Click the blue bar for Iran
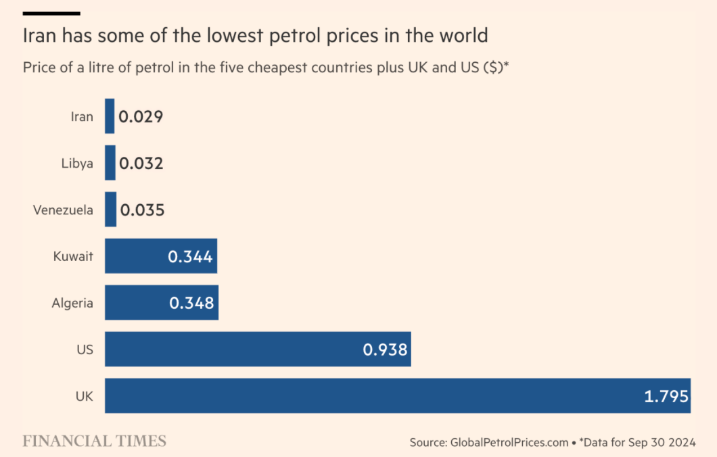pyautogui.click(x=110, y=116)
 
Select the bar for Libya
pyautogui.click(x=110, y=163)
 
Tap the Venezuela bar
pyautogui.click(x=110, y=210)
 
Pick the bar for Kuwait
pyautogui.click(x=135, y=256)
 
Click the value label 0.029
pyautogui.click(x=141, y=117)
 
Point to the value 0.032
pyautogui.click(x=141, y=164)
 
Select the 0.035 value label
pyautogui.click(x=142, y=210)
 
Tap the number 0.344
pyautogui.click(x=190, y=257)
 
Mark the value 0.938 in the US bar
pyautogui.click(x=385, y=350)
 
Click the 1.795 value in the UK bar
pyautogui.click(x=666, y=396)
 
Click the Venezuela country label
pyautogui.click(x=63, y=210)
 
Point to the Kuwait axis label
pyautogui.click(x=73, y=257)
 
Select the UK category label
pyautogui.click(x=84, y=396)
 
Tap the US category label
pyautogui.click(x=85, y=350)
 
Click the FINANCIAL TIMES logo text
pyautogui.click(x=94, y=441)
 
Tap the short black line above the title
pyautogui.click(x=51, y=13)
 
